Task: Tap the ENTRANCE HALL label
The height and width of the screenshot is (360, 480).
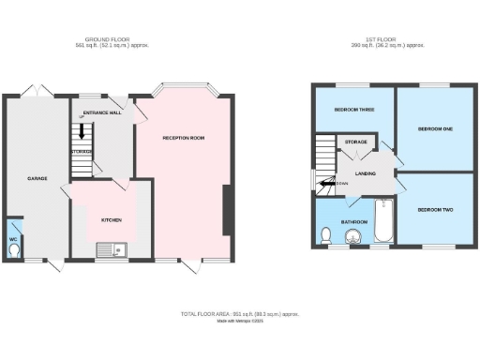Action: tap(102, 112)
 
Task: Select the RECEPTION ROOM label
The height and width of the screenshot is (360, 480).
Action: tap(183, 138)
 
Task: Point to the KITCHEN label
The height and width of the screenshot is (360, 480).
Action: tap(112, 220)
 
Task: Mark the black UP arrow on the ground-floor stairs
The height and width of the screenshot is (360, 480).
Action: tap(82, 133)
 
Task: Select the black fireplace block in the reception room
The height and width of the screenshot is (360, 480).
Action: tap(225, 211)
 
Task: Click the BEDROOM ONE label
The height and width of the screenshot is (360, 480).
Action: tap(434, 128)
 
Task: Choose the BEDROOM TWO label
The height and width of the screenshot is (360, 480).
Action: tap(434, 208)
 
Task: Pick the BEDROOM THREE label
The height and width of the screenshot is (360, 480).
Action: tap(354, 110)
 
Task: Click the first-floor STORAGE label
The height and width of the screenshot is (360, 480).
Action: tap(355, 142)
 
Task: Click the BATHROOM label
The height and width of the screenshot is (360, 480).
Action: tap(353, 222)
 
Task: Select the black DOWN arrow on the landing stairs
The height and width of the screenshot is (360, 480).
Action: tap(328, 184)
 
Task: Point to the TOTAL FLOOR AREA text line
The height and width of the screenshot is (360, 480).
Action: tap(240, 312)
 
